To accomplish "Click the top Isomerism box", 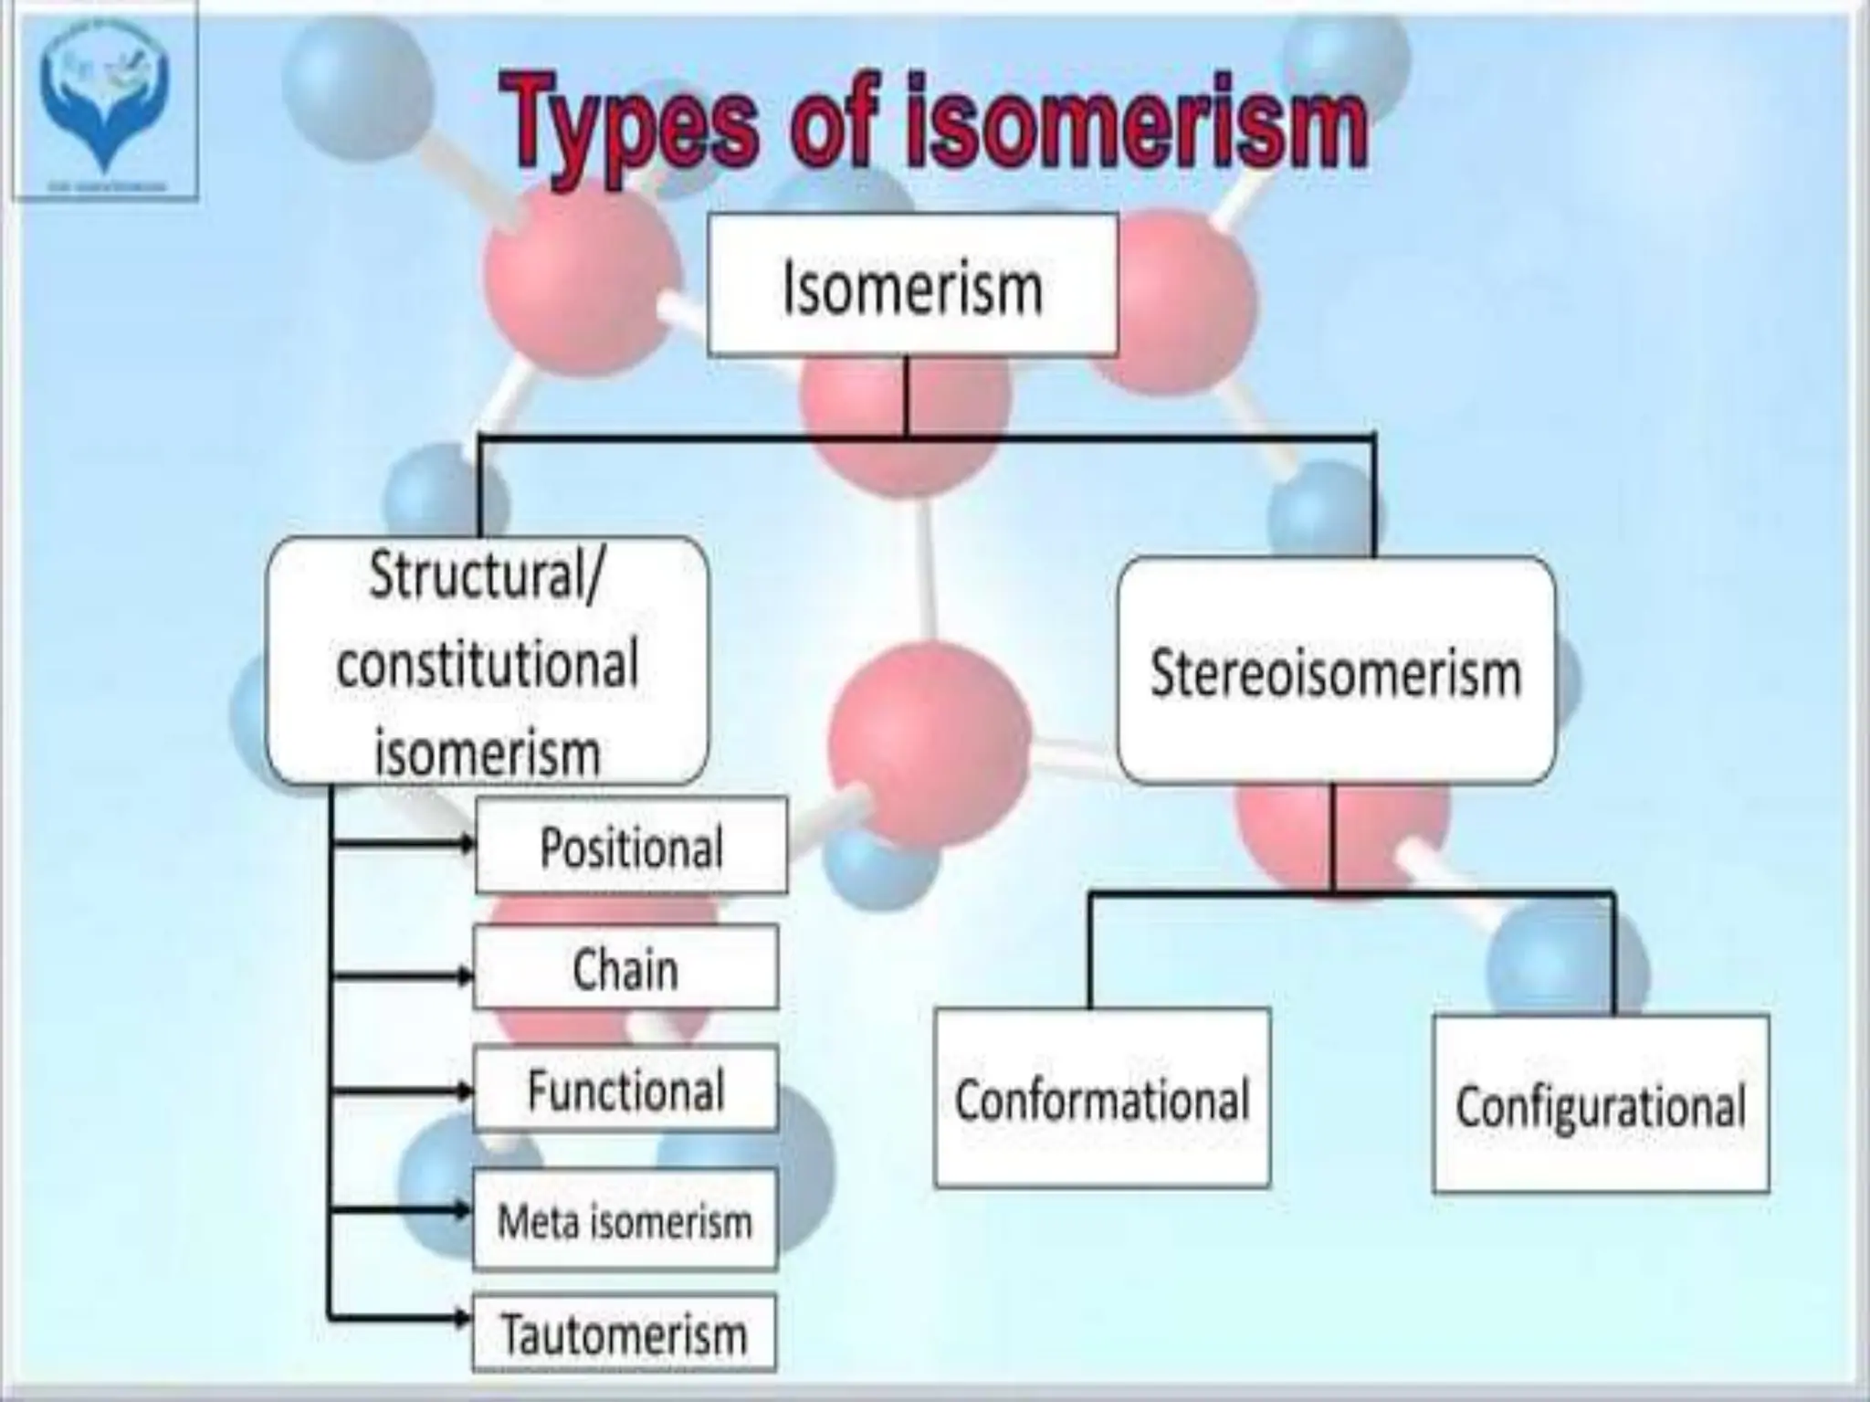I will coord(912,285).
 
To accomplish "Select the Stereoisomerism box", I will coord(1335,671).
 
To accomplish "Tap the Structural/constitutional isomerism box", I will coord(487,662).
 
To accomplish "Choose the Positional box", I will coord(631,846).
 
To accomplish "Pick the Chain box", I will coord(625,968).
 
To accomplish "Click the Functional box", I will coord(625,1089).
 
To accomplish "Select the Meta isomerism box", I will coord(625,1220).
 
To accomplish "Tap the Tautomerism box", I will coord(625,1333).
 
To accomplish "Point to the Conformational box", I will coord(1102,1098).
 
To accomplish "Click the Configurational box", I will coord(1601,1105).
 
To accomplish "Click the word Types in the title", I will coord(630,123).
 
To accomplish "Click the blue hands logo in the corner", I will coord(104,96).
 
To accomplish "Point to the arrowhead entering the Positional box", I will coord(467,843).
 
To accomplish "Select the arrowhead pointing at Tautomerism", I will coord(463,1317).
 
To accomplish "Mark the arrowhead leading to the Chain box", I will coord(465,975).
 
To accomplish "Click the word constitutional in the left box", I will coord(487,664).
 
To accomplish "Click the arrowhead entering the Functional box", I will coord(465,1090).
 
